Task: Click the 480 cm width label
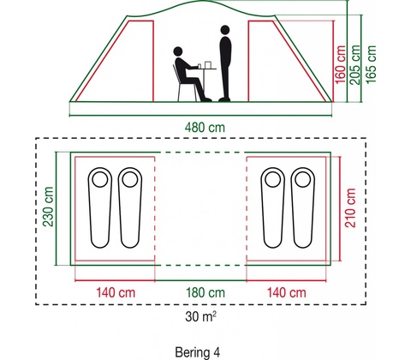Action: point(205,128)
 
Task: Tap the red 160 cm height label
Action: point(340,64)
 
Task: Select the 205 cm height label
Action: point(355,64)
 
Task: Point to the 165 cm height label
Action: point(371,64)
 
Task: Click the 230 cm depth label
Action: point(48,207)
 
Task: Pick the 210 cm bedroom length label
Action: point(350,207)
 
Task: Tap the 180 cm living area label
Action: point(205,292)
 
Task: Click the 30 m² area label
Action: point(200,316)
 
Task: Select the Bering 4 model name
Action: point(198,352)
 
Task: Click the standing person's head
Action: point(225,30)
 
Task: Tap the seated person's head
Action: point(178,51)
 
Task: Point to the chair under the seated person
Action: point(184,85)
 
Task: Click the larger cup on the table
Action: point(207,65)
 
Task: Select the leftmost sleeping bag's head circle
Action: point(100,179)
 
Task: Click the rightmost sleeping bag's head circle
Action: point(302,179)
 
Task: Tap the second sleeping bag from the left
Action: point(130,207)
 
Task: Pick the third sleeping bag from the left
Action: point(272,207)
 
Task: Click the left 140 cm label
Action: point(116,292)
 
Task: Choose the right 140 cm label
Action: point(286,292)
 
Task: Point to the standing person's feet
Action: point(224,99)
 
